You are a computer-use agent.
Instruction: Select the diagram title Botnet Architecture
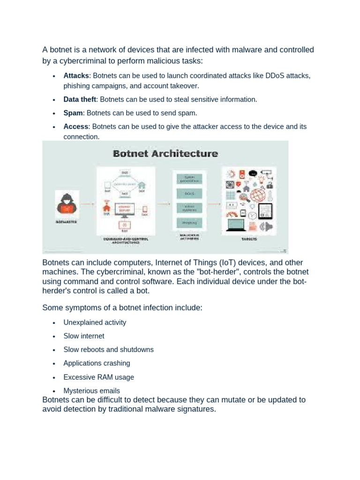point(165,153)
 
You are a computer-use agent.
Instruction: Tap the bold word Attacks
point(76,75)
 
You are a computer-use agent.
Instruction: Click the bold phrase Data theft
point(80,99)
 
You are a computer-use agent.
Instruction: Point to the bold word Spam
point(73,113)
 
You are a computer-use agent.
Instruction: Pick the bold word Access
point(76,127)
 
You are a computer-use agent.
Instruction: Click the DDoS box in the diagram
point(189,194)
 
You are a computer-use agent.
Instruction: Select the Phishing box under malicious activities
point(189,223)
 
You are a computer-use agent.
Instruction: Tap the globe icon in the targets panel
point(257,195)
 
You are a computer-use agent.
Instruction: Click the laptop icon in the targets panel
point(235,225)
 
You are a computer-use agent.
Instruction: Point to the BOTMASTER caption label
point(66,222)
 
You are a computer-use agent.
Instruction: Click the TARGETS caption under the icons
point(249,239)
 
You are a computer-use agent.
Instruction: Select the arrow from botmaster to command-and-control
point(87,204)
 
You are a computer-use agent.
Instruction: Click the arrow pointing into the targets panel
point(214,204)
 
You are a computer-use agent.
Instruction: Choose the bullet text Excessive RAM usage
point(99,377)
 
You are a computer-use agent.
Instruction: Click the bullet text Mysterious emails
point(92,390)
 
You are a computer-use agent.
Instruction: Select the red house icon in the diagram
point(106,207)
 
